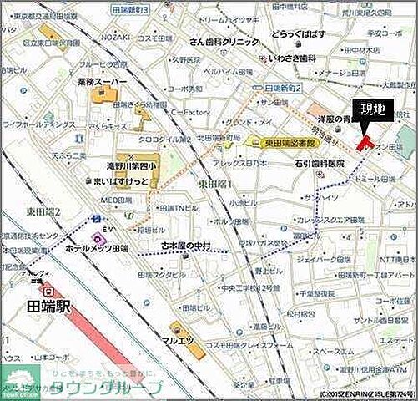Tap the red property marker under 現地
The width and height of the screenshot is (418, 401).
coord(364,142)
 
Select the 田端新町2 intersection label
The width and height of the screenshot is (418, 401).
coord(281,88)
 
